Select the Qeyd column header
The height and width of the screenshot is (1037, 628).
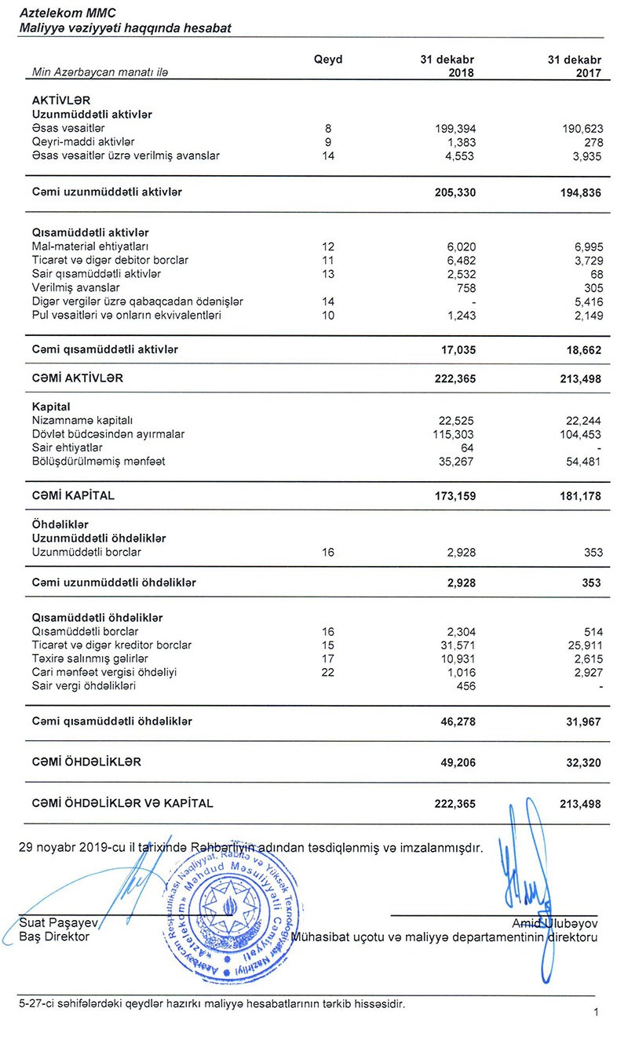[328, 60]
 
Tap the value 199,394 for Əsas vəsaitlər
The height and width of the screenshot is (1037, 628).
[455, 128]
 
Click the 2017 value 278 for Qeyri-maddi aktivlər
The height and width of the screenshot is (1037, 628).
[593, 142]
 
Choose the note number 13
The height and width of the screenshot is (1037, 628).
[328, 274]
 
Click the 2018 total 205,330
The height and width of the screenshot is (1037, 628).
[455, 192]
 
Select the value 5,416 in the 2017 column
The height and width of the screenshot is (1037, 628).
[586, 301]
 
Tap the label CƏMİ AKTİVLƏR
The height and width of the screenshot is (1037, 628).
[77, 378]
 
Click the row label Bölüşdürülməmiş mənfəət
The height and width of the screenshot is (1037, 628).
[98, 462]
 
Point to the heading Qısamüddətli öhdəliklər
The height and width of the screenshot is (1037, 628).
[97, 617]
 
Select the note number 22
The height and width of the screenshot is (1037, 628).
[328, 673]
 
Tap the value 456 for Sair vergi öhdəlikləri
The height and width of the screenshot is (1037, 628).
[466, 686]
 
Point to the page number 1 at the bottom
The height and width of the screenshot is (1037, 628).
[597, 1013]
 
